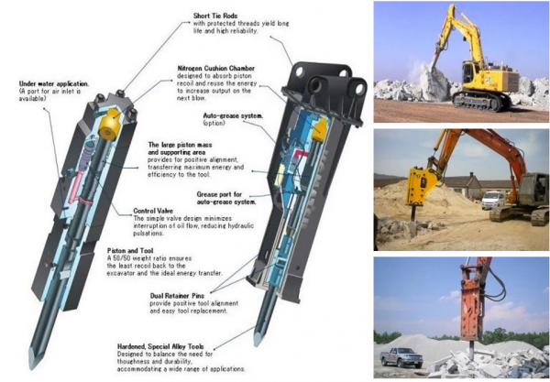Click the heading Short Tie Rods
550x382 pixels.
pyautogui.click(x=215, y=16)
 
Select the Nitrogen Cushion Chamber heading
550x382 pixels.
pyautogui.click(x=216, y=68)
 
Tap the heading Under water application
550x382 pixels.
pyautogui.click(x=54, y=83)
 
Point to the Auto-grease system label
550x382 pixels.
pyautogui.click(x=233, y=115)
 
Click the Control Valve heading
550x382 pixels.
pyautogui.click(x=153, y=211)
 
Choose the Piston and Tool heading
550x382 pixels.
pyautogui.click(x=130, y=251)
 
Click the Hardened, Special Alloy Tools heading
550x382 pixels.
pyautogui.click(x=160, y=346)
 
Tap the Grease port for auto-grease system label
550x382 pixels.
pyautogui.click(x=226, y=198)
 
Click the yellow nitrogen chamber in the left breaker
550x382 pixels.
pyautogui.click(x=109, y=124)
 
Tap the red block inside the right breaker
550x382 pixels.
pyautogui.click(x=301, y=154)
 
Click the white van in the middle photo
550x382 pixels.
pyautogui.click(x=492, y=200)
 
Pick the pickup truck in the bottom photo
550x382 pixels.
pyautogui.click(x=401, y=357)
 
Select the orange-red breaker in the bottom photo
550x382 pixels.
pyautogui.click(x=472, y=305)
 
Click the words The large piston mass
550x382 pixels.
pyautogui.click(x=180, y=145)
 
